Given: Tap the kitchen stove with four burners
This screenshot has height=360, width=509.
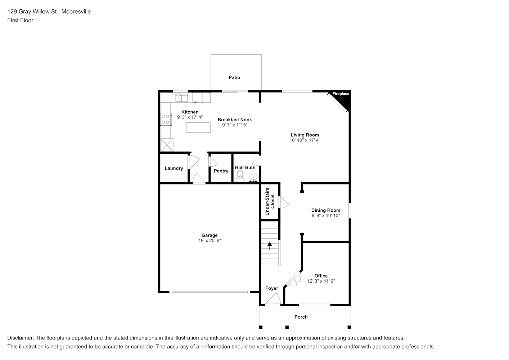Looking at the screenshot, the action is tap(166, 119).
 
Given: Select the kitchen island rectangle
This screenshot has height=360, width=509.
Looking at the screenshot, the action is tap(198, 127).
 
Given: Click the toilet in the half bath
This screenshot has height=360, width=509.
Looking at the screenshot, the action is tap(240, 176).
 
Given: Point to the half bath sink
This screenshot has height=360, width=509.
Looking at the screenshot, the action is tap(253, 178).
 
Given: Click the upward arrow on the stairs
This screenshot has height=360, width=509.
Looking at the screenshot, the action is tap(270, 246).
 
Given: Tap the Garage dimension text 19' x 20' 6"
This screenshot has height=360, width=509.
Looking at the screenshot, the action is tap(210, 240).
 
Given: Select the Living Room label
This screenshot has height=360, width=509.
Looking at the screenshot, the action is tap(305, 135).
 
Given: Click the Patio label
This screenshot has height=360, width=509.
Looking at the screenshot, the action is tap(234, 77).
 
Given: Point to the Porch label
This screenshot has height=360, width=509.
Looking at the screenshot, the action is tap(301, 317).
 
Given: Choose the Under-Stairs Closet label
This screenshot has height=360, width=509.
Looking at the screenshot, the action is tap(270, 201).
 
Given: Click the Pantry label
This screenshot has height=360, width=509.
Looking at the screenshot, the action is tap(221, 171).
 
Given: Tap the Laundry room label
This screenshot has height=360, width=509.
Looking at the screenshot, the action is tap(174, 168).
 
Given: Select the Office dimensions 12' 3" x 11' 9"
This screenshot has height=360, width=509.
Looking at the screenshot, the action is tap(321, 281).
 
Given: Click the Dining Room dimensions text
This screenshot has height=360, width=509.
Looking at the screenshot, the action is tap(326, 215).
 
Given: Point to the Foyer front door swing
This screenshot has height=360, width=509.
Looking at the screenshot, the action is tap(273, 299).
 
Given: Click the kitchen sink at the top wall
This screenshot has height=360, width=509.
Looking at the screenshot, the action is tap(181, 97).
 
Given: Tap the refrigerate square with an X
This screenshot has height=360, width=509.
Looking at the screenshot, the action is tap(167, 145).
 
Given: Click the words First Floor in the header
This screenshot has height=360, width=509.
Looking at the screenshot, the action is tap(20, 20).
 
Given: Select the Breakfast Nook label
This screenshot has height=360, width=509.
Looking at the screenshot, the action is tap(235, 120).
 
